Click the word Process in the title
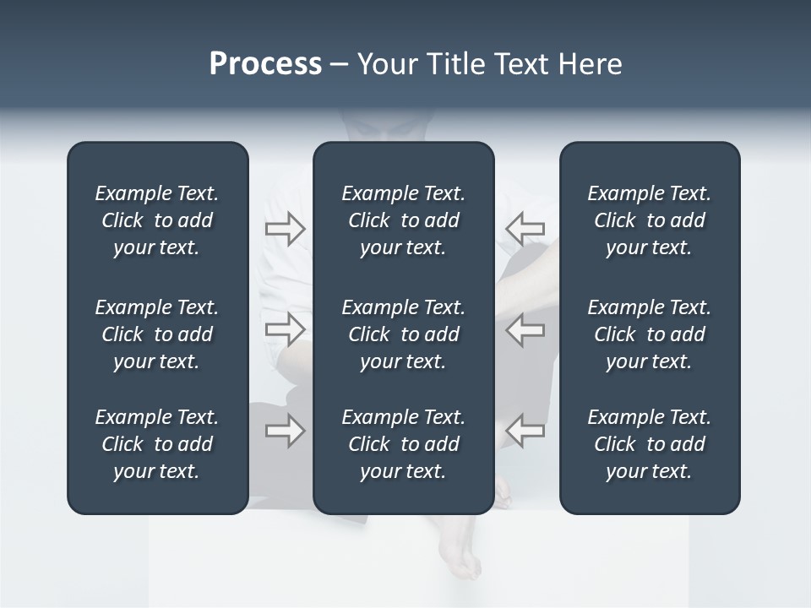tap(265, 64)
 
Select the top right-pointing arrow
tap(285, 228)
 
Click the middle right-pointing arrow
tap(285, 329)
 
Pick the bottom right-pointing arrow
tap(285, 431)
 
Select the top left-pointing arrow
tap(525, 228)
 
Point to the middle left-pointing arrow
tap(525, 329)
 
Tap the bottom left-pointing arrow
tap(525, 431)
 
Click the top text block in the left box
tap(157, 220)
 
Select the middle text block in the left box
tap(157, 334)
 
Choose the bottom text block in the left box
tap(157, 444)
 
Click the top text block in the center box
tap(404, 220)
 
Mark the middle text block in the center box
tap(404, 334)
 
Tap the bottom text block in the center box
tap(404, 444)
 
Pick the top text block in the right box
tap(650, 220)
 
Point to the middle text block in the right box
tap(650, 334)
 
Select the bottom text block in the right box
tap(650, 444)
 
